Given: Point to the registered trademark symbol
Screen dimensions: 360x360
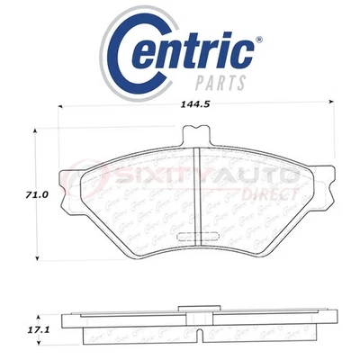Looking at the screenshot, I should click(x=260, y=40).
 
